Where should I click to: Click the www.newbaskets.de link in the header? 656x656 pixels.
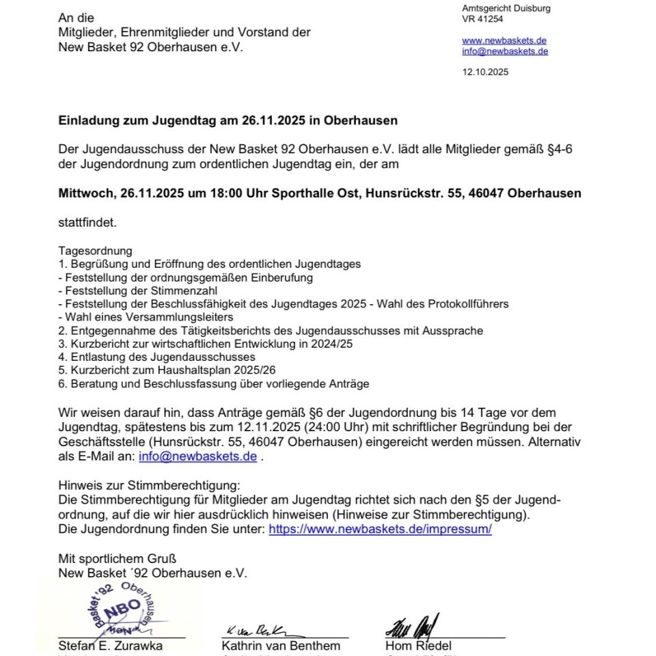(x=504, y=40)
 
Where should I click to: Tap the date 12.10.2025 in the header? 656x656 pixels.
(x=485, y=72)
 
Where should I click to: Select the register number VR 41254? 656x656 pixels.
(x=482, y=19)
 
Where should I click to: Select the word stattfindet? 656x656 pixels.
(x=87, y=222)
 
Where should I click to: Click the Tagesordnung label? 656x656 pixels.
(x=95, y=251)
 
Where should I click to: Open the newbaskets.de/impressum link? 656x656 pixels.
(x=380, y=530)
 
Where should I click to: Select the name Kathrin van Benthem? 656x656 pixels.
(x=280, y=646)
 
